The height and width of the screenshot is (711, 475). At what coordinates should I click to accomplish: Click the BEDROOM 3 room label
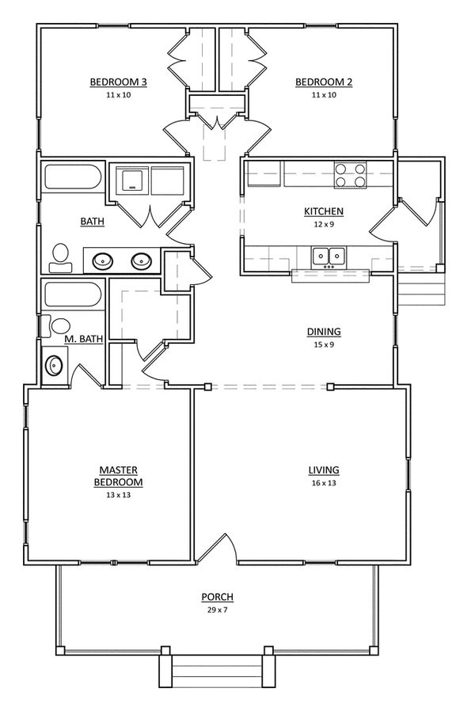118,82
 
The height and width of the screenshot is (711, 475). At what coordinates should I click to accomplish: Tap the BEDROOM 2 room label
323,82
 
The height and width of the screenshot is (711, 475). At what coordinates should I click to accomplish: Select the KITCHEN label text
324,211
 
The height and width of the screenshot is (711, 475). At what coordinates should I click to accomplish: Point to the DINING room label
324,332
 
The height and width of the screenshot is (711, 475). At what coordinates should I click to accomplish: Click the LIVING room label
324,471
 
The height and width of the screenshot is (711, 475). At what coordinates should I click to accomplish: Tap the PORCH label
217,597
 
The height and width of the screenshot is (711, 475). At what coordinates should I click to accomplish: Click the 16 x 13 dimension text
324,483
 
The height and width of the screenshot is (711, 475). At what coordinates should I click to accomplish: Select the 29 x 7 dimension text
217,610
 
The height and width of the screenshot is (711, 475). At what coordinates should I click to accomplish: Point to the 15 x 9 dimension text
324,344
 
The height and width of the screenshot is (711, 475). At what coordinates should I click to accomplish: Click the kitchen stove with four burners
351,175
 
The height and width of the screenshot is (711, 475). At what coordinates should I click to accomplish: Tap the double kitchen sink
328,256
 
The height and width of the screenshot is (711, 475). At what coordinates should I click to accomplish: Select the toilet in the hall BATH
60,254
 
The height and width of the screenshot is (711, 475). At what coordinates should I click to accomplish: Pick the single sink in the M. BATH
55,366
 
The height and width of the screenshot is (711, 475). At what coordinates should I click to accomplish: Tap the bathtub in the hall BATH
73,177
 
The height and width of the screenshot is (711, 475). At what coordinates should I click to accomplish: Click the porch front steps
217,675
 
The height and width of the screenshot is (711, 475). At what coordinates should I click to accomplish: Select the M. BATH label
84,340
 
